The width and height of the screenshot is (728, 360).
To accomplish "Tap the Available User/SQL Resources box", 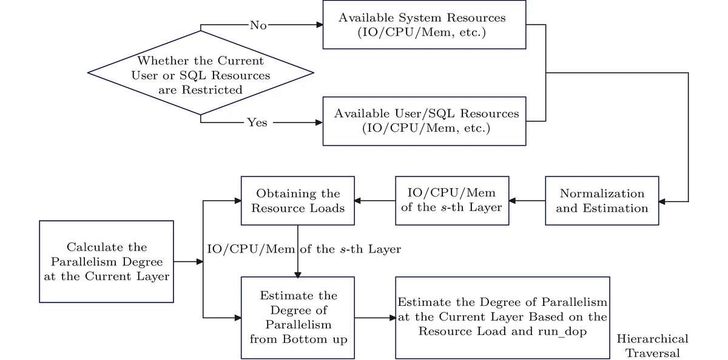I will (424, 121).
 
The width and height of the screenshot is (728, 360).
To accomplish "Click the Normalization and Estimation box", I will (601, 201).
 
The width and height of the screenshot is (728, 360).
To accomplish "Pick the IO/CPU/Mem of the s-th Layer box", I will (452, 201).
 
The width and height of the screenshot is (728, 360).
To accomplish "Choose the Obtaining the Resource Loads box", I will (298, 201).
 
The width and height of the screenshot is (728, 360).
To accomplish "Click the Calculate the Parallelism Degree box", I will (107, 262).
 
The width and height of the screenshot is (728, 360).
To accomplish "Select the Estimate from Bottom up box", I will (298, 318).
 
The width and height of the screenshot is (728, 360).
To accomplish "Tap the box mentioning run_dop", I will (502, 318).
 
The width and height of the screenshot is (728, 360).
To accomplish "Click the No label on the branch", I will (258, 25).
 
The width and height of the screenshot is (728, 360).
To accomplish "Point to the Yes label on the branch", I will (257, 123).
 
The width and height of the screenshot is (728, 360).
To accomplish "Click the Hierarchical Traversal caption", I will (653, 346).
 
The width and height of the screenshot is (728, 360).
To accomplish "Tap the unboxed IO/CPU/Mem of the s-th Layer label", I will (304, 249).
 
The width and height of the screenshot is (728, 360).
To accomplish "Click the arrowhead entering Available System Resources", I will (319, 25).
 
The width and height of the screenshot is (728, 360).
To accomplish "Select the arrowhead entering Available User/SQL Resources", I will (319, 123).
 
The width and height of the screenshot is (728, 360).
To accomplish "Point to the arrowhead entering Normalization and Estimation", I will (662, 201).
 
